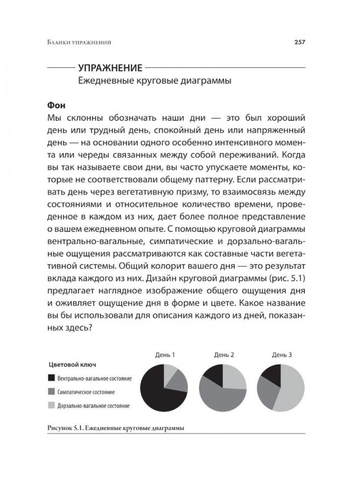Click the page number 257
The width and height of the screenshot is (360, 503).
click(x=300, y=43)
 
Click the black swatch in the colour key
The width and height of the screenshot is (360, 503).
click(x=51, y=377)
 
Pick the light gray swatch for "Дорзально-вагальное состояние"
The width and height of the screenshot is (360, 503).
click(x=51, y=405)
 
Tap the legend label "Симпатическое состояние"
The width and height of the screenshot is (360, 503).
click(x=86, y=391)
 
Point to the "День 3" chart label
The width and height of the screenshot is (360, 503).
click(x=282, y=355)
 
